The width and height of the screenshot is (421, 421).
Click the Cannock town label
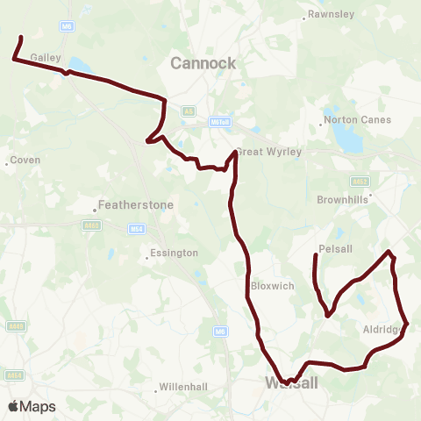click(203, 63)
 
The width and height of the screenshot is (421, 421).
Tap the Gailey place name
click(44, 55)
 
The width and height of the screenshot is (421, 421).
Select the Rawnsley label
click(329, 14)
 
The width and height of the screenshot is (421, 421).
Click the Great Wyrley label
click(270, 152)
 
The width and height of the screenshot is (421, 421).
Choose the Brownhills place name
click(343, 199)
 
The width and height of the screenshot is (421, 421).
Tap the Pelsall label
click(336, 249)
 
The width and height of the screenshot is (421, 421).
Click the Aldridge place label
click(382, 330)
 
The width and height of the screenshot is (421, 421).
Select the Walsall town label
click(291, 383)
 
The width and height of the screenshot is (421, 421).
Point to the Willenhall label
click(185, 387)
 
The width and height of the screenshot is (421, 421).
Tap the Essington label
click(174, 253)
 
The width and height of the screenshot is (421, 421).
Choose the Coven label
click(25, 161)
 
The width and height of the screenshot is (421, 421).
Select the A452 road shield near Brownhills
click(360, 182)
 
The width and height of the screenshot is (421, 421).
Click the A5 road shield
click(189, 111)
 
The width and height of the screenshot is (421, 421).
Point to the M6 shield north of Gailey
click(67, 26)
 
